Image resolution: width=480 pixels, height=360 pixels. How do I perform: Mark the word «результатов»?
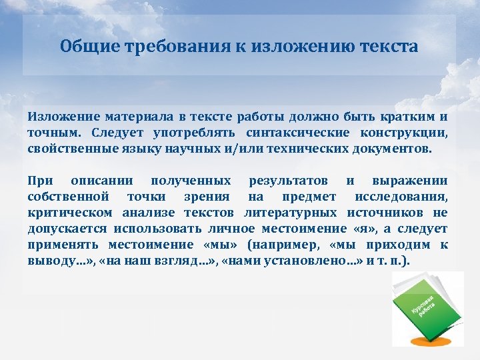288,181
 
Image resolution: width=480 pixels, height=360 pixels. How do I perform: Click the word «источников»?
389,213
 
